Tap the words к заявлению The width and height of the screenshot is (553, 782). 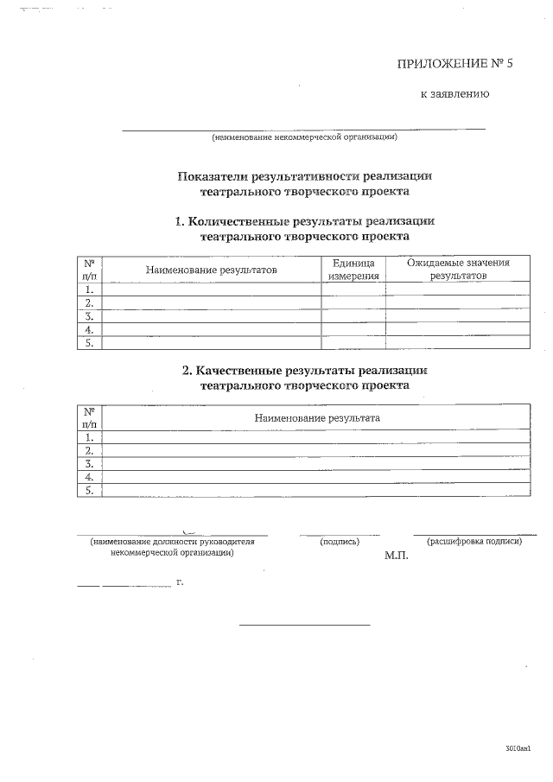454,94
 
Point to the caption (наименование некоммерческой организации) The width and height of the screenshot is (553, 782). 304,137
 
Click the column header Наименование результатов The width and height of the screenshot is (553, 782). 212,270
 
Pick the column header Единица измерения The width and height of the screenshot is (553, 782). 353,270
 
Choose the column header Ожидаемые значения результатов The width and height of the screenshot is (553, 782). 458,269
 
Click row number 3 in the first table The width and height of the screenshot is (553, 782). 89,316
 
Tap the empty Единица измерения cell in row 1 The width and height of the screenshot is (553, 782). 353,290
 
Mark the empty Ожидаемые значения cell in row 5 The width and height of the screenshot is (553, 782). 458,343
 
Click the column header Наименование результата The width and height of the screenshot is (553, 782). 317,417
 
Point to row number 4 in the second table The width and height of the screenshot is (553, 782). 89,477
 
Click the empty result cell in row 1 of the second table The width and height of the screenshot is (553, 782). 317,437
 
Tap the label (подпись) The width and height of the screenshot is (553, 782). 340,542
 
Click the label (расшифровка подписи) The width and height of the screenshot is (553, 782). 474,541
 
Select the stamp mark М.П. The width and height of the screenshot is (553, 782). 396,556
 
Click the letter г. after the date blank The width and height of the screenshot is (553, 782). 180,582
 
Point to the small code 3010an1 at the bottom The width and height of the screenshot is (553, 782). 518,747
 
